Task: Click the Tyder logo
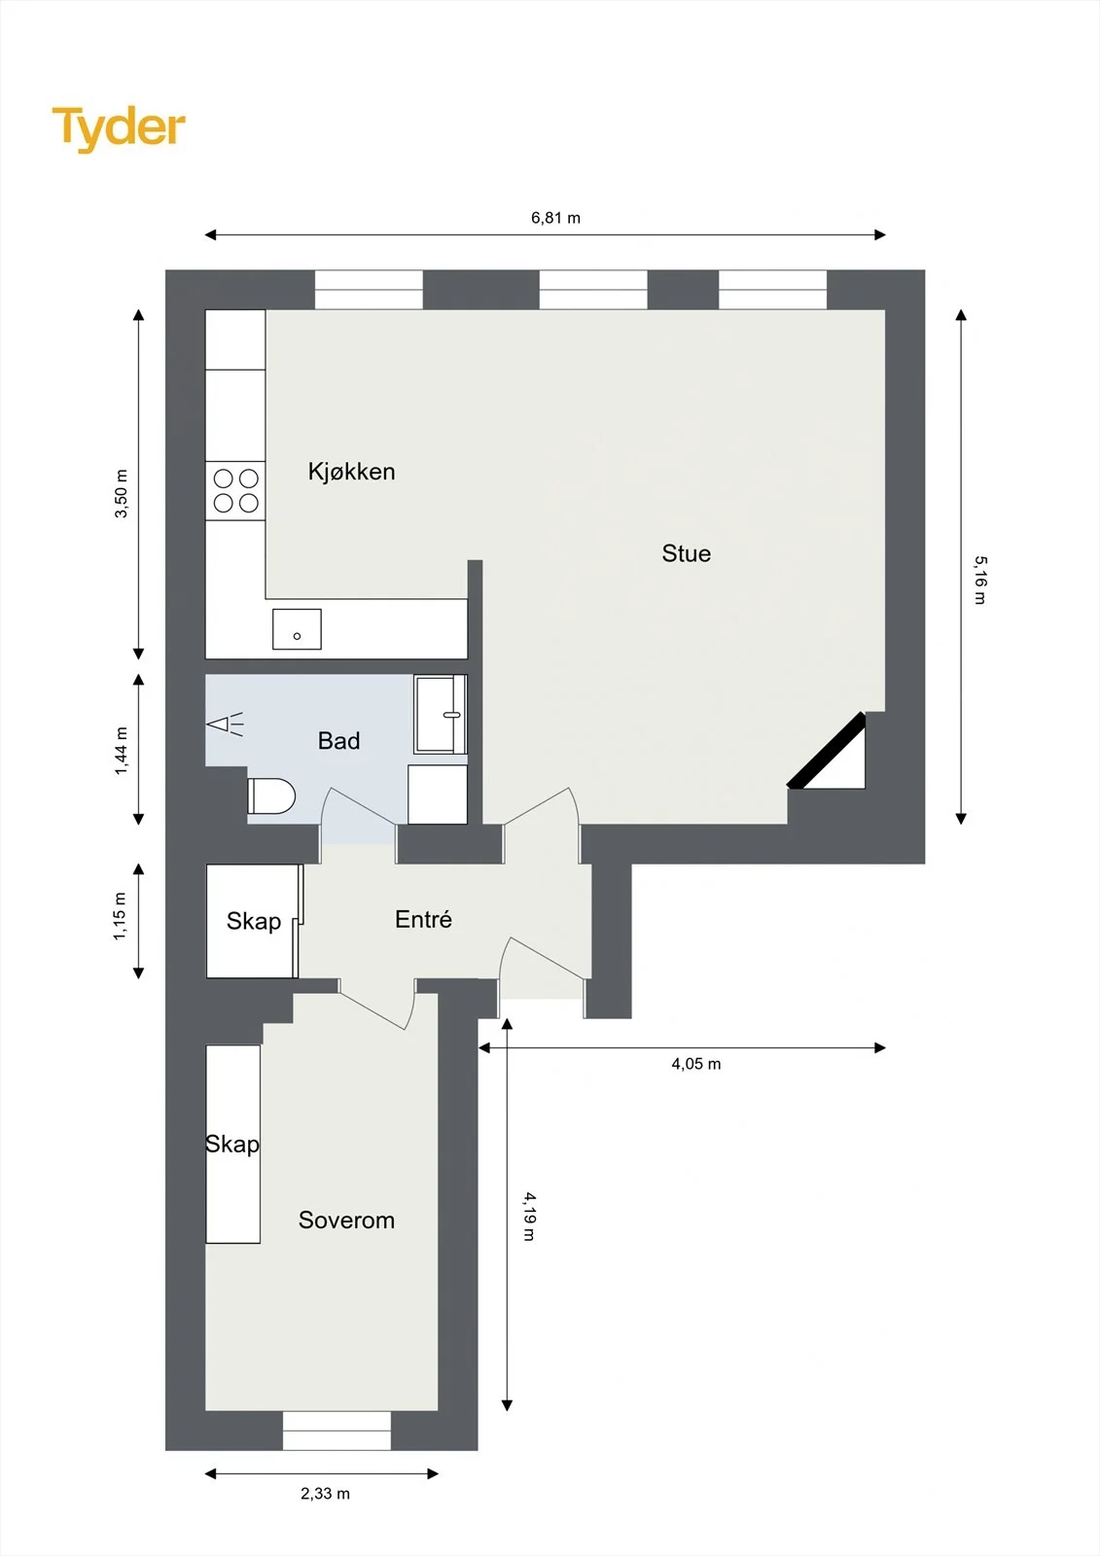coord(119,129)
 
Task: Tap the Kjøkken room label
coord(352,472)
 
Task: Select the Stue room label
coord(686,553)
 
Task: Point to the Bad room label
coord(338,740)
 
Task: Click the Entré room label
coord(423,919)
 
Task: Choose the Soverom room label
coord(346,1220)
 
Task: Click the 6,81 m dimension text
coord(555,218)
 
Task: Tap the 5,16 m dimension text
coord(979,580)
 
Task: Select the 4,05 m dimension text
coord(695,1064)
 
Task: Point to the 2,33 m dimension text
coord(325,1494)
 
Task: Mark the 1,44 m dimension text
coord(121,751)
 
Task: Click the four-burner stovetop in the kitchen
coord(235,490)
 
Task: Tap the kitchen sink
coord(297,629)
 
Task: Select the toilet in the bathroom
coord(271,796)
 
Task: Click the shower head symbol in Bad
coord(225,725)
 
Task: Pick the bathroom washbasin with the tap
coord(441,714)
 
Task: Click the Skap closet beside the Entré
coord(253,921)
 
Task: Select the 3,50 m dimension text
coord(121,494)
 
